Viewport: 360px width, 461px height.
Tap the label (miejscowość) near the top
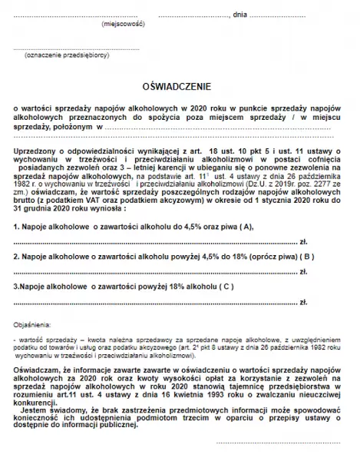(x=122, y=25)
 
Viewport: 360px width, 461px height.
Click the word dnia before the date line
(x=239, y=15)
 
